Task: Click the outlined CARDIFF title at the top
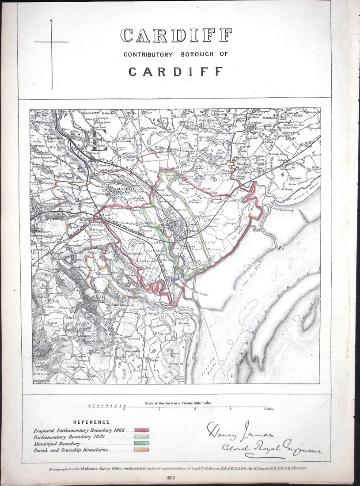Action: [176, 36]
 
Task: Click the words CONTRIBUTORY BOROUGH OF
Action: [175, 54]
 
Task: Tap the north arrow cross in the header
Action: [51, 42]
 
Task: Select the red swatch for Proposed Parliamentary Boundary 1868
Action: [141, 430]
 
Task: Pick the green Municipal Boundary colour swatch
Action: [141, 443]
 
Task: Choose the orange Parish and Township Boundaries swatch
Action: [141, 450]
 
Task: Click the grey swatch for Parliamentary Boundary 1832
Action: [141, 437]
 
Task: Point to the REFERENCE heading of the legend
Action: [91, 422]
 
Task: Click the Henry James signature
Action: [241, 430]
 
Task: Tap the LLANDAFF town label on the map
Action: [120, 190]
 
